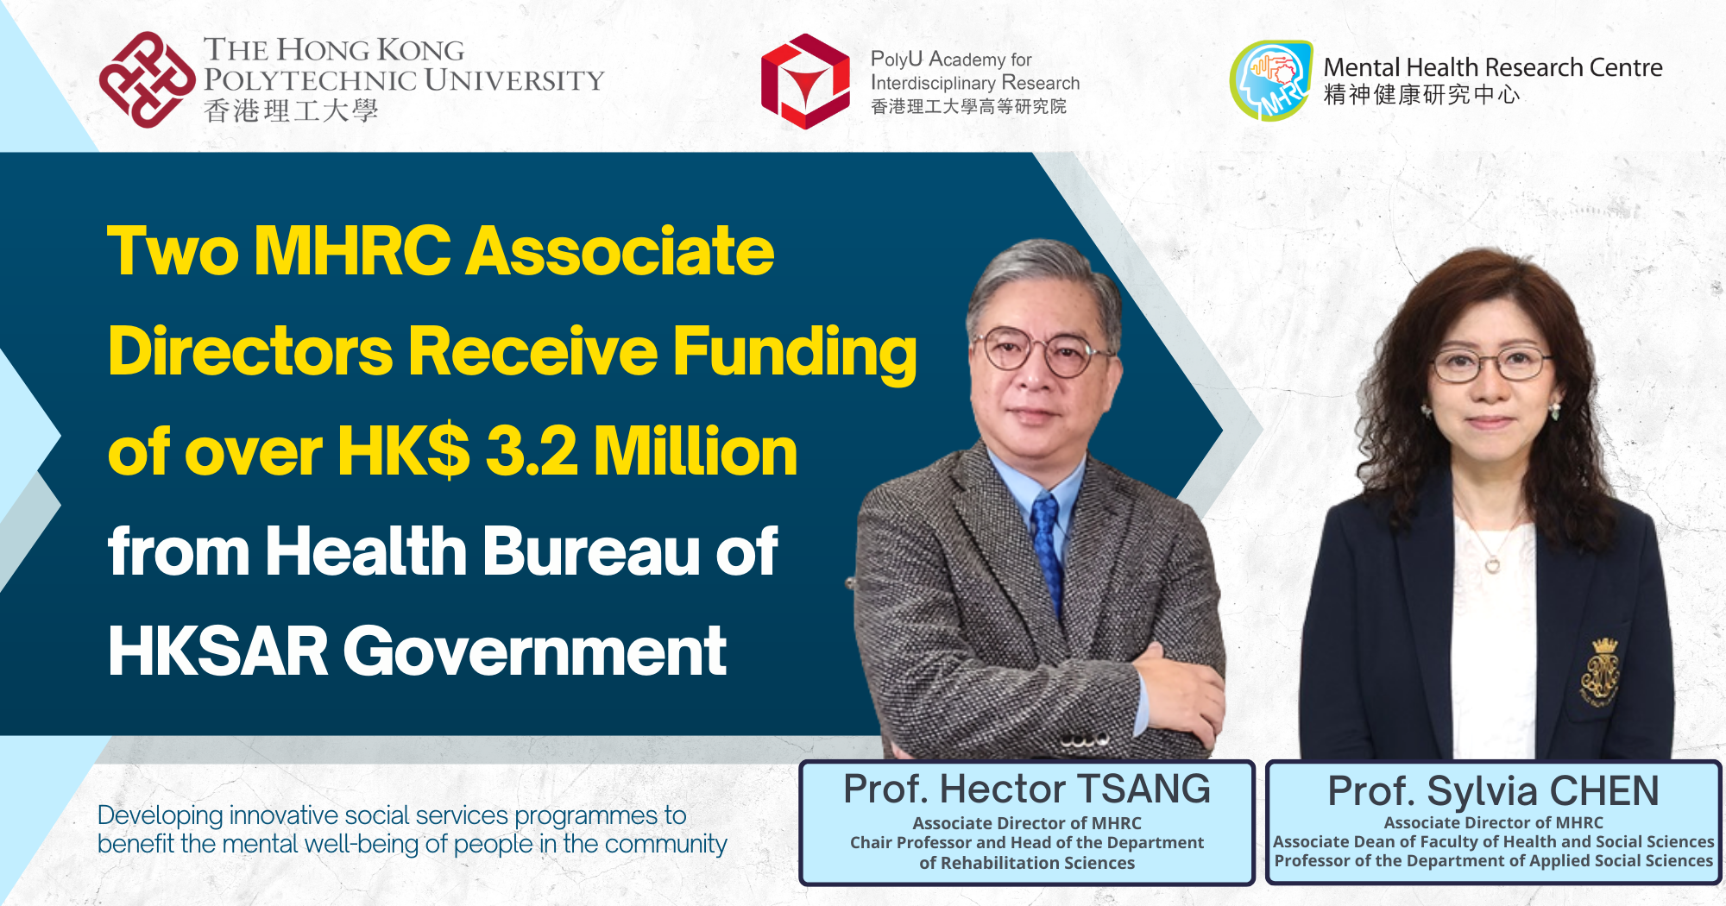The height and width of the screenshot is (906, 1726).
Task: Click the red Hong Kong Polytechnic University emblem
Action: pyautogui.click(x=147, y=79)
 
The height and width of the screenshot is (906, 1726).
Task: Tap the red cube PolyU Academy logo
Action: pyautogui.click(x=804, y=81)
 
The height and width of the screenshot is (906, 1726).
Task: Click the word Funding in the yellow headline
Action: pyautogui.click(x=794, y=352)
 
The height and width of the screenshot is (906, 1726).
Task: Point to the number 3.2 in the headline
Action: pyautogui.click(x=531, y=451)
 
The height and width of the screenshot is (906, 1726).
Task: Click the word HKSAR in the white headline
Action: pyautogui.click(x=217, y=651)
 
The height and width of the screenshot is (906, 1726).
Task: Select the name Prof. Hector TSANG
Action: pyautogui.click(x=1026, y=789)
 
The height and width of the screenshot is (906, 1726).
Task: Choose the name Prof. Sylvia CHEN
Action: pyautogui.click(x=1492, y=790)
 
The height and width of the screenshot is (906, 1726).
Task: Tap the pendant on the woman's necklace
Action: pyautogui.click(x=1492, y=565)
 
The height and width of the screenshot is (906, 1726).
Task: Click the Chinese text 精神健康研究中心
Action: pyautogui.click(x=1421, y=95)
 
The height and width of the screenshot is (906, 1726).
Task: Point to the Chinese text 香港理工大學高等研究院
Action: pyautogui.click(x=968, y=107)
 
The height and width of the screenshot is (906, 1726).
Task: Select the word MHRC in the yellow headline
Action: pyautogui.click(x=352, y=251)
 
